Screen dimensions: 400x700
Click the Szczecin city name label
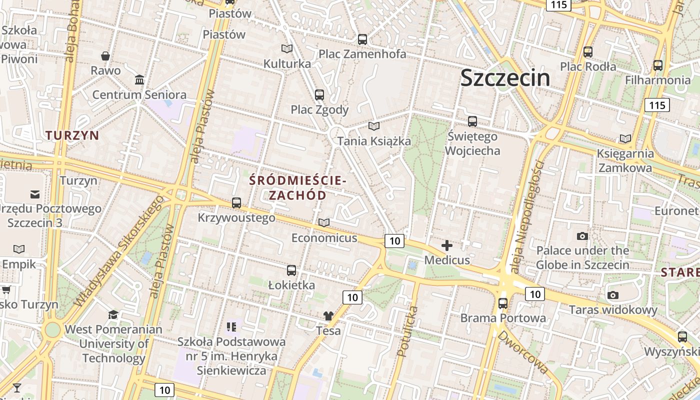tap(505, 78)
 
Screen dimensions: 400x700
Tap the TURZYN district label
tap(72, 135)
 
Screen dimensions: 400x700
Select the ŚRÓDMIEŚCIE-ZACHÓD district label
tap(297, 187)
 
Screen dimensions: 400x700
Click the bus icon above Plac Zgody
tap(319, 94)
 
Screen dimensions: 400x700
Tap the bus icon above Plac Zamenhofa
tap(362, 39)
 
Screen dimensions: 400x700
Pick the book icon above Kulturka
tap(287, 48)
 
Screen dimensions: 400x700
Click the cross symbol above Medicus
tap(447, 245)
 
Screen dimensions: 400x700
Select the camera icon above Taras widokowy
tap(613, 295)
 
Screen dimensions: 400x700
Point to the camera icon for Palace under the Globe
tap(582, 236)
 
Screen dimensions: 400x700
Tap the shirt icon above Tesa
tap(328, 315)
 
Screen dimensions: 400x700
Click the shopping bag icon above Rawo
tap(105, 55)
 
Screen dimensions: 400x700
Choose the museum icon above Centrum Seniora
tap(139, 80)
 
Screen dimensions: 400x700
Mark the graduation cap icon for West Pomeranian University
tap(113, 314)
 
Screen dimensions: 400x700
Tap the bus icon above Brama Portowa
tap(503, 303)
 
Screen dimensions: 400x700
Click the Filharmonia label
tap(657, 80)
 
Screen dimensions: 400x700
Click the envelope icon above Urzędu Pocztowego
tap(35, 194)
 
